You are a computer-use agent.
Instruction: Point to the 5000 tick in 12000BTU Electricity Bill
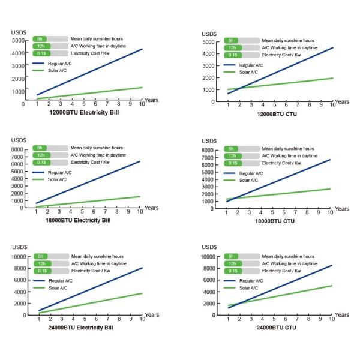[x=17, y=40]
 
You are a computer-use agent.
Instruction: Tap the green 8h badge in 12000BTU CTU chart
[x=231, y=40]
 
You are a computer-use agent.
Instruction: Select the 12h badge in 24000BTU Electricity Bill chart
[x=41, y=263]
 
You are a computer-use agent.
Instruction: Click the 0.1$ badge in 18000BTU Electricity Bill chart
[x=41, y=162]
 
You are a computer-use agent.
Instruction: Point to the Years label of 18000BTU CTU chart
[x=341, y=209]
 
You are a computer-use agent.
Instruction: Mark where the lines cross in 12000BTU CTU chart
[x=236, y=89]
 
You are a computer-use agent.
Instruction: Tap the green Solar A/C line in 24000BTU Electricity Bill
[x=90, y=303]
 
